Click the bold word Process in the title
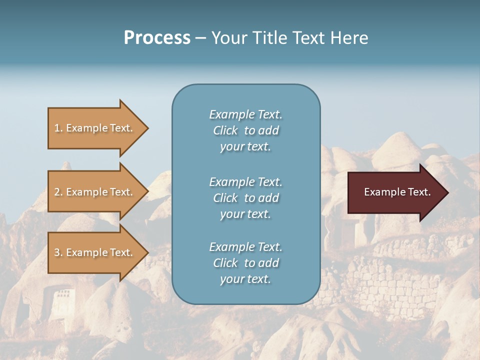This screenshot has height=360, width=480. point(157,38)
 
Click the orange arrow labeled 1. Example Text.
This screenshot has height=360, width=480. point(95,128)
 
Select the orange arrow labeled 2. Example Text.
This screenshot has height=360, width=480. point(95,192)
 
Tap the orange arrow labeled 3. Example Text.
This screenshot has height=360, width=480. point(95,252)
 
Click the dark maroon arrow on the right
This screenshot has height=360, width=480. point(395,192)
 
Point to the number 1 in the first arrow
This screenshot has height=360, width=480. point(57,128)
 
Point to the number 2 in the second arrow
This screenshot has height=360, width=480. point(57,192)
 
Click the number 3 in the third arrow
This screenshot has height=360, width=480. point(57,252)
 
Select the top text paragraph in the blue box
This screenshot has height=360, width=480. point(245,130)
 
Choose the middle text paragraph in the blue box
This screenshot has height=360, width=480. point(245,198)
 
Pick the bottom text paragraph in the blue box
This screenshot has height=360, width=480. point(245,263)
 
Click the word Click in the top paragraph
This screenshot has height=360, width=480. point(225,130)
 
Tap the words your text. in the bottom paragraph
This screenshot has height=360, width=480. point(245,279)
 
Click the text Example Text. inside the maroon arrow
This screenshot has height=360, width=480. point(397,192)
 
